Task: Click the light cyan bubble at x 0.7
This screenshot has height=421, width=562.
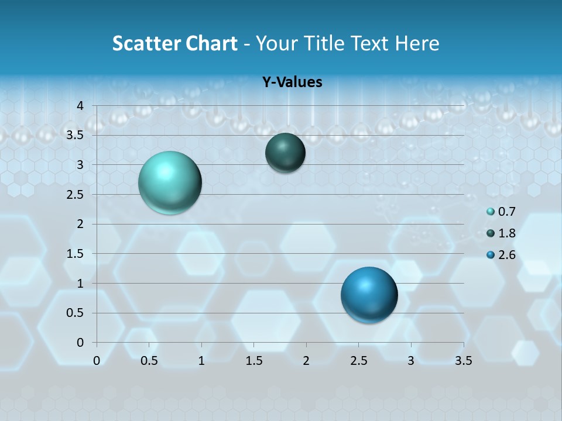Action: pos(170,182)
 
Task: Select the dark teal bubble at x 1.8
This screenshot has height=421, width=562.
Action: pos(285,153)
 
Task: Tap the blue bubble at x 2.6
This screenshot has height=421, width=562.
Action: pos(369,295)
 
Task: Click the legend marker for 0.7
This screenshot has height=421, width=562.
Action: pos(491,212)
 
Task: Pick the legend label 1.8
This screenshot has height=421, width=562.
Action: pos(506,233)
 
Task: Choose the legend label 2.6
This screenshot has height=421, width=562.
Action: pos(506,255)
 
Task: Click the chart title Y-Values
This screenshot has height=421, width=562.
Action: pos(292,82)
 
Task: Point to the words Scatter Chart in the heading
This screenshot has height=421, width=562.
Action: pos(174,43)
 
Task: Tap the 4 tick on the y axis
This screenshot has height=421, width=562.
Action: pos(81,106)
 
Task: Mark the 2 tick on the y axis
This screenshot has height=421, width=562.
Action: pos(81,224)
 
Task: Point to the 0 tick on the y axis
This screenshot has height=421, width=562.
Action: pos(81,342)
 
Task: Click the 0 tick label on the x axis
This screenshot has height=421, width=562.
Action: pos(97,361)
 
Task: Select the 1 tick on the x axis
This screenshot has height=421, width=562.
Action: pos(201,361)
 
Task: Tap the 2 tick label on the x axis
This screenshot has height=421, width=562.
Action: pos(306,361)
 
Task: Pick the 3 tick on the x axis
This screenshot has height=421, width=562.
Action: pos(411,361)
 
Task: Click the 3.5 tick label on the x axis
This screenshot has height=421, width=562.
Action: pos(463,361)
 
